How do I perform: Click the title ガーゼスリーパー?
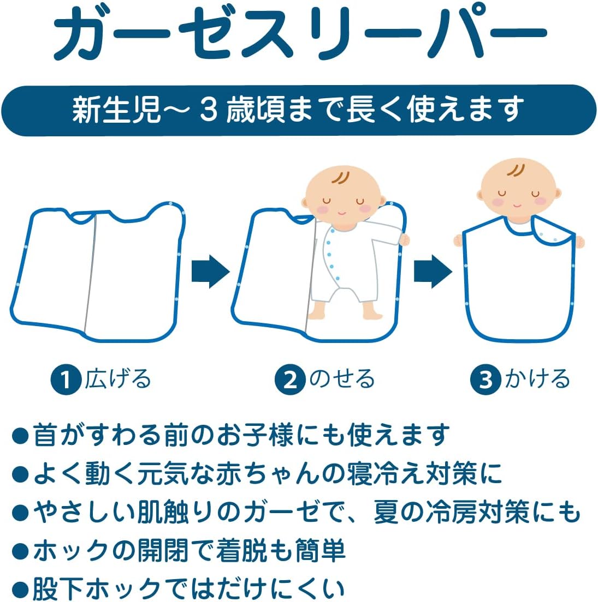pos(300,34)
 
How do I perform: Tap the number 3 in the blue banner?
pos(209,110)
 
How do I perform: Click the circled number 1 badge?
pos(66,380)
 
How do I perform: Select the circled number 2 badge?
pos(290,380)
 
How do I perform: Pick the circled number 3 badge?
pos(485,380)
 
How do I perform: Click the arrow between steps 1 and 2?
pos(210,272)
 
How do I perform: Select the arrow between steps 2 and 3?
pos(433,272)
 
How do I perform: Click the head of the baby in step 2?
pos(343,196)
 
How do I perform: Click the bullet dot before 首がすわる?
pos(20,436)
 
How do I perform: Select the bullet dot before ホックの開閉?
pos(20,551)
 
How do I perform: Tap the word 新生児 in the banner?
pos(116,110)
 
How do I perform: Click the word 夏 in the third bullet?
pos(386,512)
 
